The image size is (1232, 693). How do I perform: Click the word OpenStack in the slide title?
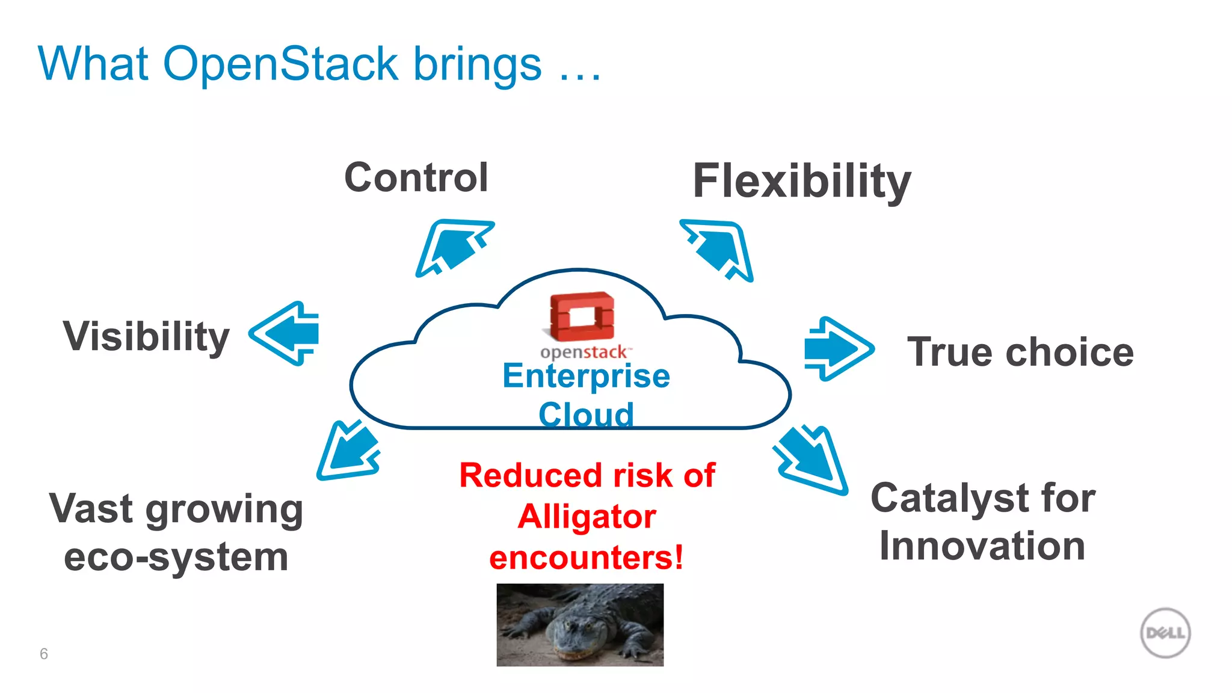point(280,64)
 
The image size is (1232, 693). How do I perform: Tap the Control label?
point(416,178)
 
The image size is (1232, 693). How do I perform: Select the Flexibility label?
point(801,182)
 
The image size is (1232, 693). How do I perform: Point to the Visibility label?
point(146,336)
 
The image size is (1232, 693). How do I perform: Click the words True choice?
point(1020,352)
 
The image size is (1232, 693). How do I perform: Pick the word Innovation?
point(982,546)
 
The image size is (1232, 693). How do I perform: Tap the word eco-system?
point(176,557)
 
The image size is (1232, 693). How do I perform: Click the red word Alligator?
point(587,517)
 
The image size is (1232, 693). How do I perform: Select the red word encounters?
point(587,558)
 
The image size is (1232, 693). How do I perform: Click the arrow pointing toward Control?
point(452,248)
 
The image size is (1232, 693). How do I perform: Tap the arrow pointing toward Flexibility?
point(719,249)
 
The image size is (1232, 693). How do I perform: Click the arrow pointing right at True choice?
point(838,349)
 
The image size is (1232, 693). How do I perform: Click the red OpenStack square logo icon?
point(582,316)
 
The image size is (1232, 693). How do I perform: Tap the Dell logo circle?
point(1165,633)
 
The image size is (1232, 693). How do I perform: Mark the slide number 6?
point(44,654)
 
